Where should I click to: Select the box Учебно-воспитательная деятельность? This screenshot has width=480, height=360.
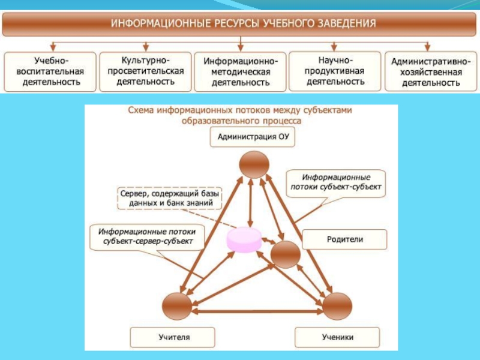pyautogui.click(x=50, y=71)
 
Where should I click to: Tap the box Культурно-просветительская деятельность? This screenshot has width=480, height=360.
pyautogui.click(x=145, y=71)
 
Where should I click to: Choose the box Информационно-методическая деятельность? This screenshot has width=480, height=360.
pyautogui.click(x=241, y=71)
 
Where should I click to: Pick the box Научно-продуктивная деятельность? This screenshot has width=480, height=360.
pyautogui.click(x=335, y=71)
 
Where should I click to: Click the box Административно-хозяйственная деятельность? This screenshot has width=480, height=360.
pyautogui.click(x=431, y=71)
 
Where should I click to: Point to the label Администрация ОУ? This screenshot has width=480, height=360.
pyautogui.click(x=253, y=137)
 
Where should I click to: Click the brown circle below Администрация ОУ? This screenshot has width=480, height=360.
pyautogui.click(x=254, y=164)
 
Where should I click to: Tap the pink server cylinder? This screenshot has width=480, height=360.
pyautogui.click(x=244, y=239)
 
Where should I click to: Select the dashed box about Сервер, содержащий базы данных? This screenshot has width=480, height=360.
pyautogui.click(x=170, y=199)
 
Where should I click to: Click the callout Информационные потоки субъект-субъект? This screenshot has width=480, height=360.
pyautogui.click(x=336, y=183)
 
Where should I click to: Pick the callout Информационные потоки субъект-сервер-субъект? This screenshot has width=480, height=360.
pyautogui.click(x=147, y=237)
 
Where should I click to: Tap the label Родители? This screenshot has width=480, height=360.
pyautogui.click(x=344, y=239)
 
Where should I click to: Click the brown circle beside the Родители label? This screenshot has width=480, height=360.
pyautogui.click(x=286, y=254)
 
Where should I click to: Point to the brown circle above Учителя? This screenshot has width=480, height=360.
pyautogui.click(x=177, y=306)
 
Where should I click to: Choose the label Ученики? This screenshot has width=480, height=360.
pyautogui.click(x=337, y=337)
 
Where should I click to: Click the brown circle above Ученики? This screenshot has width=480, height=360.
pyautogui.click(x=337, y=306)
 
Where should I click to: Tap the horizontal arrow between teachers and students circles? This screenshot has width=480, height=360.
pyautogui.click(x=257, y=311)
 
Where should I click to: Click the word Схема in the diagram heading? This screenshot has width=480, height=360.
pyautogui.click(x=140, y=110)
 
